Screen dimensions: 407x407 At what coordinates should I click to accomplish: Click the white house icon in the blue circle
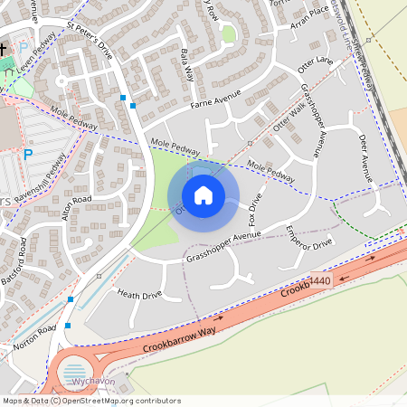click(x=203, y=195)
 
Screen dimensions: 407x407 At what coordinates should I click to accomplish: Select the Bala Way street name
click(x=187, y=64)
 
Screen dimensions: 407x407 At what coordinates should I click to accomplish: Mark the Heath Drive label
click(x=139, y=294)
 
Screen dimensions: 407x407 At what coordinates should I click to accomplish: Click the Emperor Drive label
click(x=309, y=237)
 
